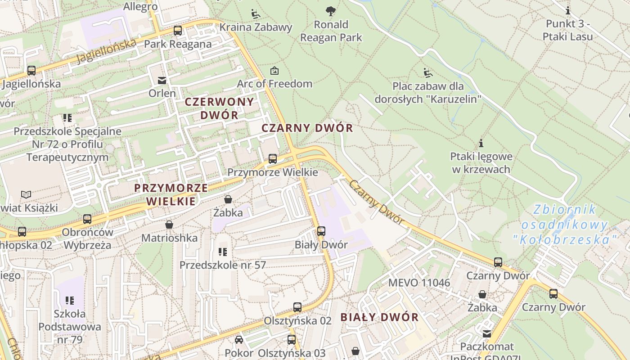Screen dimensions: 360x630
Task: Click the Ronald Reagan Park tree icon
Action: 331,10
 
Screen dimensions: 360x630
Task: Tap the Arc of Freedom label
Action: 274,84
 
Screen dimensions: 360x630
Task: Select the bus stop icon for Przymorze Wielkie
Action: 273,159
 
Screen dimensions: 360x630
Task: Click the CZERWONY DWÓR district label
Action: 220,108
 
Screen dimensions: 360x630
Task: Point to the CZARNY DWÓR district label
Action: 307,128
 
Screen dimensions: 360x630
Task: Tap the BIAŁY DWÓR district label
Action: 379,317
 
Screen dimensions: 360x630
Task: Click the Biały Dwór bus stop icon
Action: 321,231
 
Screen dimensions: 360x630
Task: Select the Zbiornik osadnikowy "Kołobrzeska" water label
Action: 564,225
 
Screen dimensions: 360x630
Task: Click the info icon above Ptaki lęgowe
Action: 481,144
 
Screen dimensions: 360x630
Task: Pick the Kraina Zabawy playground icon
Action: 256,13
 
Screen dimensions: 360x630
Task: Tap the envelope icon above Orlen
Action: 162,81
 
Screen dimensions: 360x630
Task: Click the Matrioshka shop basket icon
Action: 169,224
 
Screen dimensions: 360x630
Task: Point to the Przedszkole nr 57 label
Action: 223,265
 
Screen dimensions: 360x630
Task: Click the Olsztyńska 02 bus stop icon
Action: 297,307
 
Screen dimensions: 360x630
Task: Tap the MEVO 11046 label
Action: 419,283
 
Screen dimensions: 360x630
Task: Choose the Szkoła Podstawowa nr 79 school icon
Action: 69,300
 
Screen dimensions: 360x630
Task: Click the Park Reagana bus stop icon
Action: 178,31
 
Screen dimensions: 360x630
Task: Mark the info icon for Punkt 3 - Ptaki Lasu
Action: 568,10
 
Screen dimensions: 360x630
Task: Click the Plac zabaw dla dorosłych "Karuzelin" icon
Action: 427,72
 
